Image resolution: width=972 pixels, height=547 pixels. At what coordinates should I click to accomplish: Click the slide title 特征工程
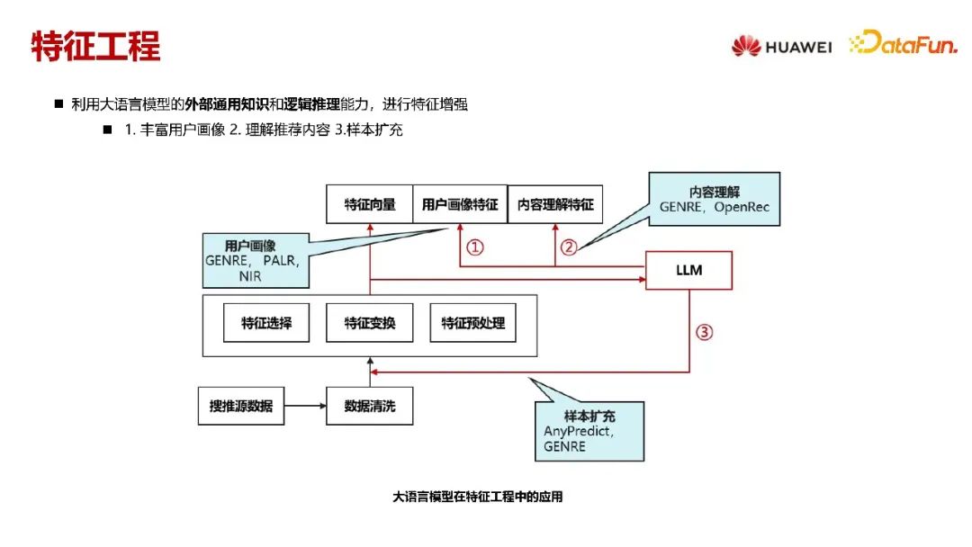[x=95, y=46]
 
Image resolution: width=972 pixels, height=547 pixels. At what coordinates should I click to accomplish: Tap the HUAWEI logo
[x=781, y=46]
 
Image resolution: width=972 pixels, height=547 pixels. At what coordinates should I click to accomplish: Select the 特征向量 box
[x=369, y=204]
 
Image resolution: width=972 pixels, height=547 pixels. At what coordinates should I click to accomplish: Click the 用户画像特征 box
[x=460, y=204]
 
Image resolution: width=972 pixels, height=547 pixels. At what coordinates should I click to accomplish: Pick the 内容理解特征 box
[x=555, y=204]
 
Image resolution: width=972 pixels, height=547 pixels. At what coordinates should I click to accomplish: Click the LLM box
[x=688, y=270]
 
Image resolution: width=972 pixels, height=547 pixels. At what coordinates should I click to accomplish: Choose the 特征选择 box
[x=266, y=323]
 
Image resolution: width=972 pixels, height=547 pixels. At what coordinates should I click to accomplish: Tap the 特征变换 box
[x=369, y=323]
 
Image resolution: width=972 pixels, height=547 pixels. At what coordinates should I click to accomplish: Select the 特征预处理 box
[x=473, y=323]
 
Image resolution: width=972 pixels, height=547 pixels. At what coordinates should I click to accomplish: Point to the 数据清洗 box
[x=369, y=407]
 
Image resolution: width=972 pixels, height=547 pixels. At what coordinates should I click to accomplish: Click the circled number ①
[x=475, y=247]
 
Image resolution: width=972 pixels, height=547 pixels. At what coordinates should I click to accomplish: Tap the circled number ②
[x=568, y=247]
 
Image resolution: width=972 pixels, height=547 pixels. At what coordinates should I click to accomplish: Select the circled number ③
[x=705, y=332]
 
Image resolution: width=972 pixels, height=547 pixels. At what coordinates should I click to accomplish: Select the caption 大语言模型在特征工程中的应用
[x=477, y=497]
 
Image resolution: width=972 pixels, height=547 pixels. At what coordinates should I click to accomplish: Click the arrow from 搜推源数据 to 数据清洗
[x=305, y=407]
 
